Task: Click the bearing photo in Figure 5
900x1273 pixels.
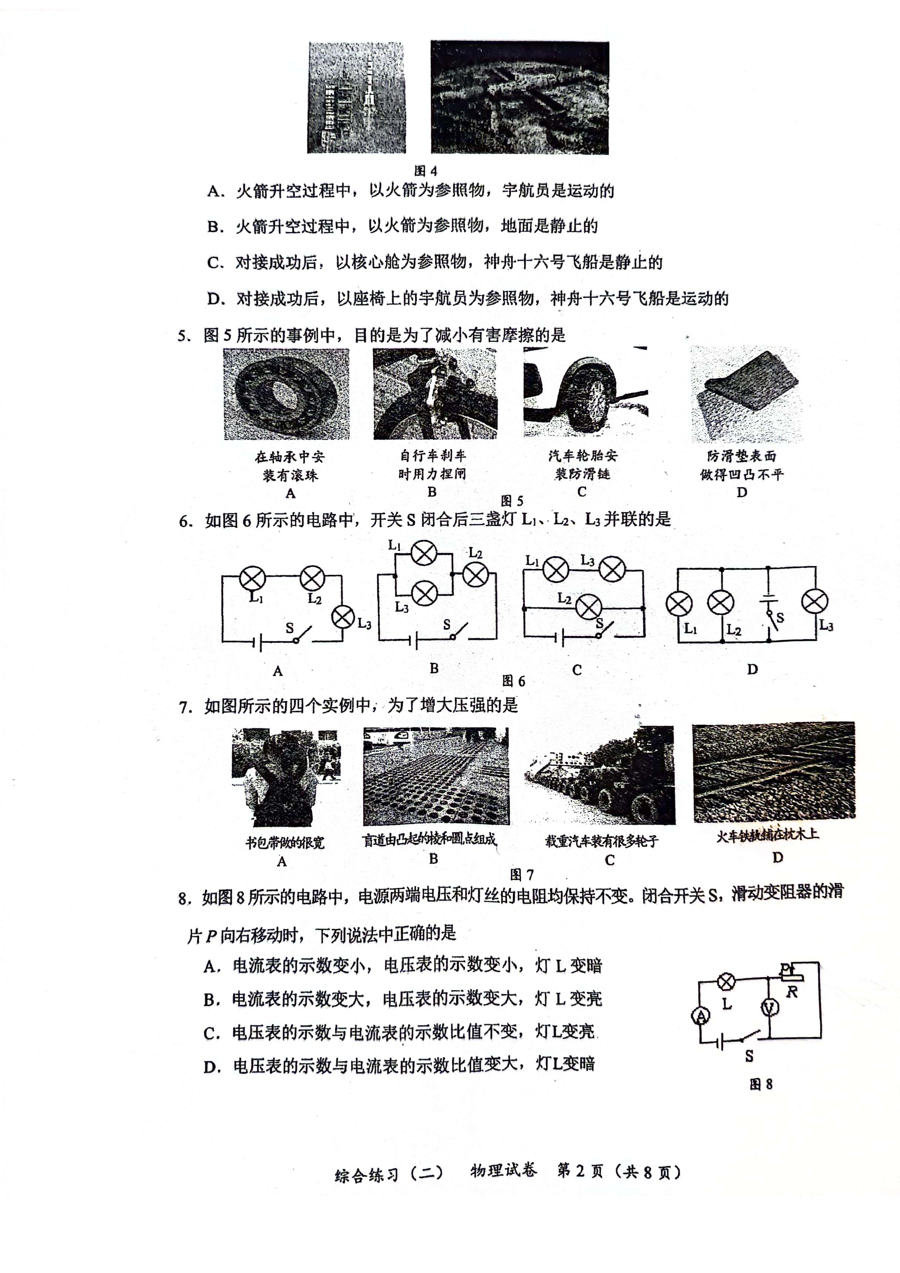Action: click(x=286, y=394)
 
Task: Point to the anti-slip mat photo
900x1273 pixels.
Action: click(x=746, y=394)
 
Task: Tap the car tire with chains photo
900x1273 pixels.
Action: click(x=586, y=392)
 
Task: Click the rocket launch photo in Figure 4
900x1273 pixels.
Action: click(x=357, y=98)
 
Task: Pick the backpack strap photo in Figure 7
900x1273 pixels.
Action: click(x=286, y=777)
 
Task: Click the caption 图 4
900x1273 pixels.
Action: click(x=426, y=171)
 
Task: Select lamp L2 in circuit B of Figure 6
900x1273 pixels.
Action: click(x=475, y=575)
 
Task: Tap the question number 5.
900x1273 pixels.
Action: click(x=184, y=335)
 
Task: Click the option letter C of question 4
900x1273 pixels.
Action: click(x=215, y=262)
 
